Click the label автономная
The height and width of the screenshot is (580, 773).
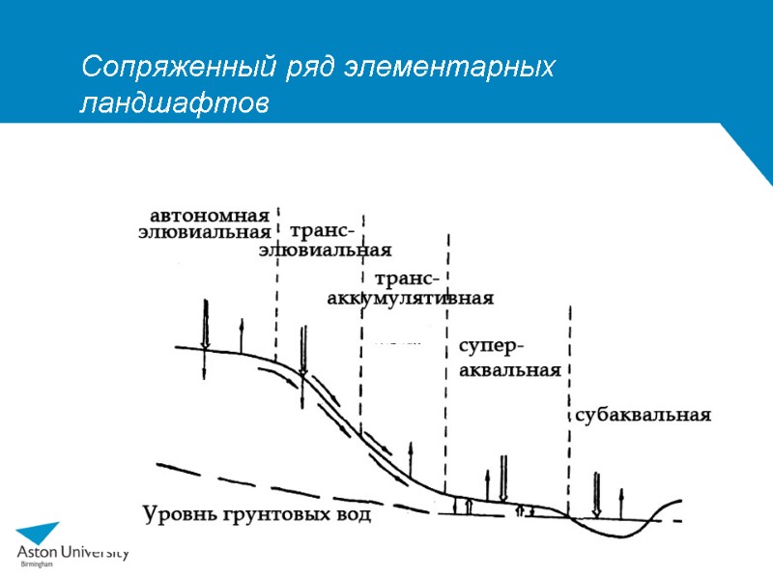pos(209,214)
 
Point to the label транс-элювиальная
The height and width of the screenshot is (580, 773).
pos(325,242)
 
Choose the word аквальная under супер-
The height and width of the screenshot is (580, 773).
pos(508,371)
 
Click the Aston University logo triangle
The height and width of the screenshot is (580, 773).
pos(38,536)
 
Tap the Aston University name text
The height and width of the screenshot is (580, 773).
pos(72,553)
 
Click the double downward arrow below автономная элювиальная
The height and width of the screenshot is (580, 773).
pos(205,324)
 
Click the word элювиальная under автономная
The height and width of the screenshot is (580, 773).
pos(204,232)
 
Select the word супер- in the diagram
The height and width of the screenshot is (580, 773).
pos(492,347)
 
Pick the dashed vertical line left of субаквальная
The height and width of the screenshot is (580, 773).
pos(571,406)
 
